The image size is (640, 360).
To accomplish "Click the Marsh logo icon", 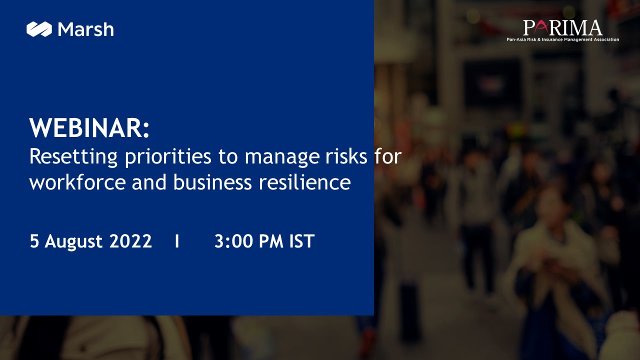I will coord(39,29).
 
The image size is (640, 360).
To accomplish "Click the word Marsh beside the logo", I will coord(85,29).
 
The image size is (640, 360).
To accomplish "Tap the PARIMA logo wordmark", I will coord(562,27).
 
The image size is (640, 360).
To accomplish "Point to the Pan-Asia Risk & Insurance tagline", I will coord(562,39).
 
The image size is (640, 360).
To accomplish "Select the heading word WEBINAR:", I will coord(89,128).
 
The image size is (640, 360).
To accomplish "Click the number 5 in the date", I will coord(34,241).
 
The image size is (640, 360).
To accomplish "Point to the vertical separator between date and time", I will coord(177,241).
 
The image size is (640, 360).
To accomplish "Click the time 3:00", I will coord(233,241).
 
